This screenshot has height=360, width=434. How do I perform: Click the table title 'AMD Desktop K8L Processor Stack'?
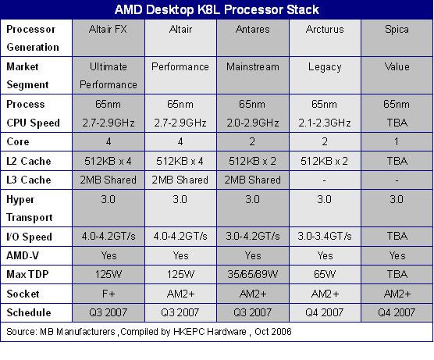pos(217,9)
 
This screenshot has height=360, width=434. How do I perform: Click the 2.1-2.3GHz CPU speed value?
pos(325,123)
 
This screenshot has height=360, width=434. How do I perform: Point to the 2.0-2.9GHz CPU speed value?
pos(253,123)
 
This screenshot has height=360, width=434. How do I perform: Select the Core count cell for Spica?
pos(397,142)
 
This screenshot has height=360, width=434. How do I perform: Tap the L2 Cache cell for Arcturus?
pos(325,161)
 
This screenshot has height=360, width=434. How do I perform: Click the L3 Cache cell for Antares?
pos(252,180)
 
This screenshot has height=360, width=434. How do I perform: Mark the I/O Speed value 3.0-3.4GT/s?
pos(325,236)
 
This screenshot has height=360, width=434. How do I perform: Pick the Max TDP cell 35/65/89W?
pos(253,274)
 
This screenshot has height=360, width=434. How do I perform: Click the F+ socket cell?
pos(108,294)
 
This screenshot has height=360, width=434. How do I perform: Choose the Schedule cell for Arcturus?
pos(325,312)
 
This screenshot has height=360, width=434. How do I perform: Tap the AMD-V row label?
pos(23,255)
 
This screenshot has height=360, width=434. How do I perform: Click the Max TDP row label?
pos(27,274)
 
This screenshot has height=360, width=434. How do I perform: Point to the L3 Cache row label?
pos(29,180)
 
